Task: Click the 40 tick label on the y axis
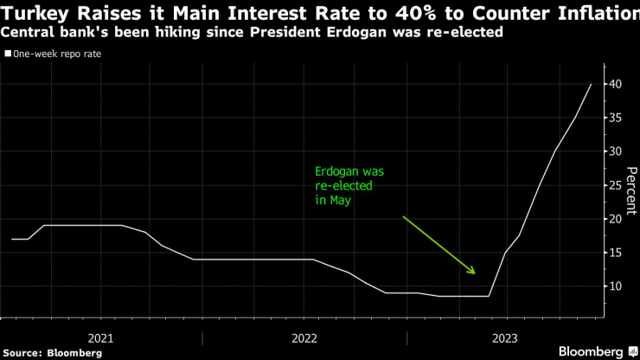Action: [x=615, y=84]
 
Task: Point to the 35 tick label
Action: [x=615, y=118]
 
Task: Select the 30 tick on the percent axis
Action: [x=615, y=151]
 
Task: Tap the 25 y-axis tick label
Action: [x=615, y=185]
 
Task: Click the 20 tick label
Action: [x=615, y=219]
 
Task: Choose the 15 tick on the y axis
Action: [x=615, y=253]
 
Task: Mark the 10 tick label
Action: [x=615, y=286]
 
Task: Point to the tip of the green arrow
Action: [x=475, y=273]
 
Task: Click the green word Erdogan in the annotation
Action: [x=336, y=171]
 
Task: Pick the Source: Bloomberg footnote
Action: [x=53, y=353]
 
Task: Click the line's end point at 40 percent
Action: [x=591, y=84]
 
